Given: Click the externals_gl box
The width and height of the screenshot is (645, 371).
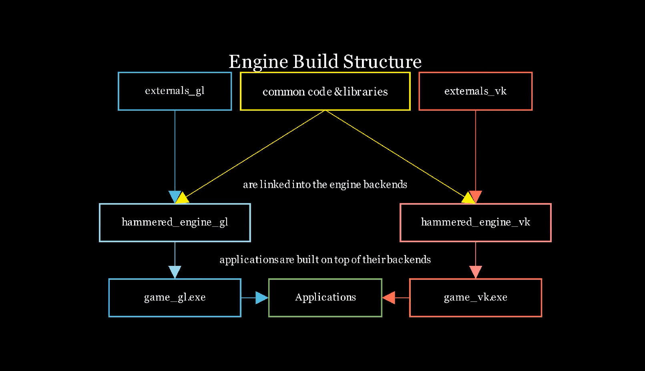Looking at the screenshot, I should tap(175, 91).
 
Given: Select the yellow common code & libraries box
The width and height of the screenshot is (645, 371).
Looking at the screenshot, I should tap(325, 91).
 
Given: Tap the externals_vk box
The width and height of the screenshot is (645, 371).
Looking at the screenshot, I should tap(475, 91).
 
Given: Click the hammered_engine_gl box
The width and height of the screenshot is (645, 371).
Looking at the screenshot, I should tap(175, 222).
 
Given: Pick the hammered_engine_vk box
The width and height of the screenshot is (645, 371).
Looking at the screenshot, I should tap(475, 222).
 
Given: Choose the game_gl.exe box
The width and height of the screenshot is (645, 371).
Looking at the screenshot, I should tap(175, 297).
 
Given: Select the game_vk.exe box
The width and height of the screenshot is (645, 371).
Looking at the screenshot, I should tap(475, 297).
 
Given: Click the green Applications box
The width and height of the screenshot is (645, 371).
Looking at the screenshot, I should tap(325, 297).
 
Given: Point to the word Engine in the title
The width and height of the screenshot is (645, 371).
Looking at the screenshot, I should tap(258, 62).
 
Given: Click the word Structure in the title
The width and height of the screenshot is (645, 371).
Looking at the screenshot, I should tap(382, 62).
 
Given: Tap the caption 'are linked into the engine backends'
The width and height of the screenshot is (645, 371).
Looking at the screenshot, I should tap(325, 184).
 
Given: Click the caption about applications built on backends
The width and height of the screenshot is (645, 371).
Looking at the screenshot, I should tap(325, 259).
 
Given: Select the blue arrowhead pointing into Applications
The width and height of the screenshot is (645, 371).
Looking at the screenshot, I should tap(262, 297).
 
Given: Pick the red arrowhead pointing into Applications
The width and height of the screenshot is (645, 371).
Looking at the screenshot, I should tap(389, 297).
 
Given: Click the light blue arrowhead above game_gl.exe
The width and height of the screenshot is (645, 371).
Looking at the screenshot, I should tap(175, 271).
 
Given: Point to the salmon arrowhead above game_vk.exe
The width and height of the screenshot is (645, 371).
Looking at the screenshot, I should tap(475, 271).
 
